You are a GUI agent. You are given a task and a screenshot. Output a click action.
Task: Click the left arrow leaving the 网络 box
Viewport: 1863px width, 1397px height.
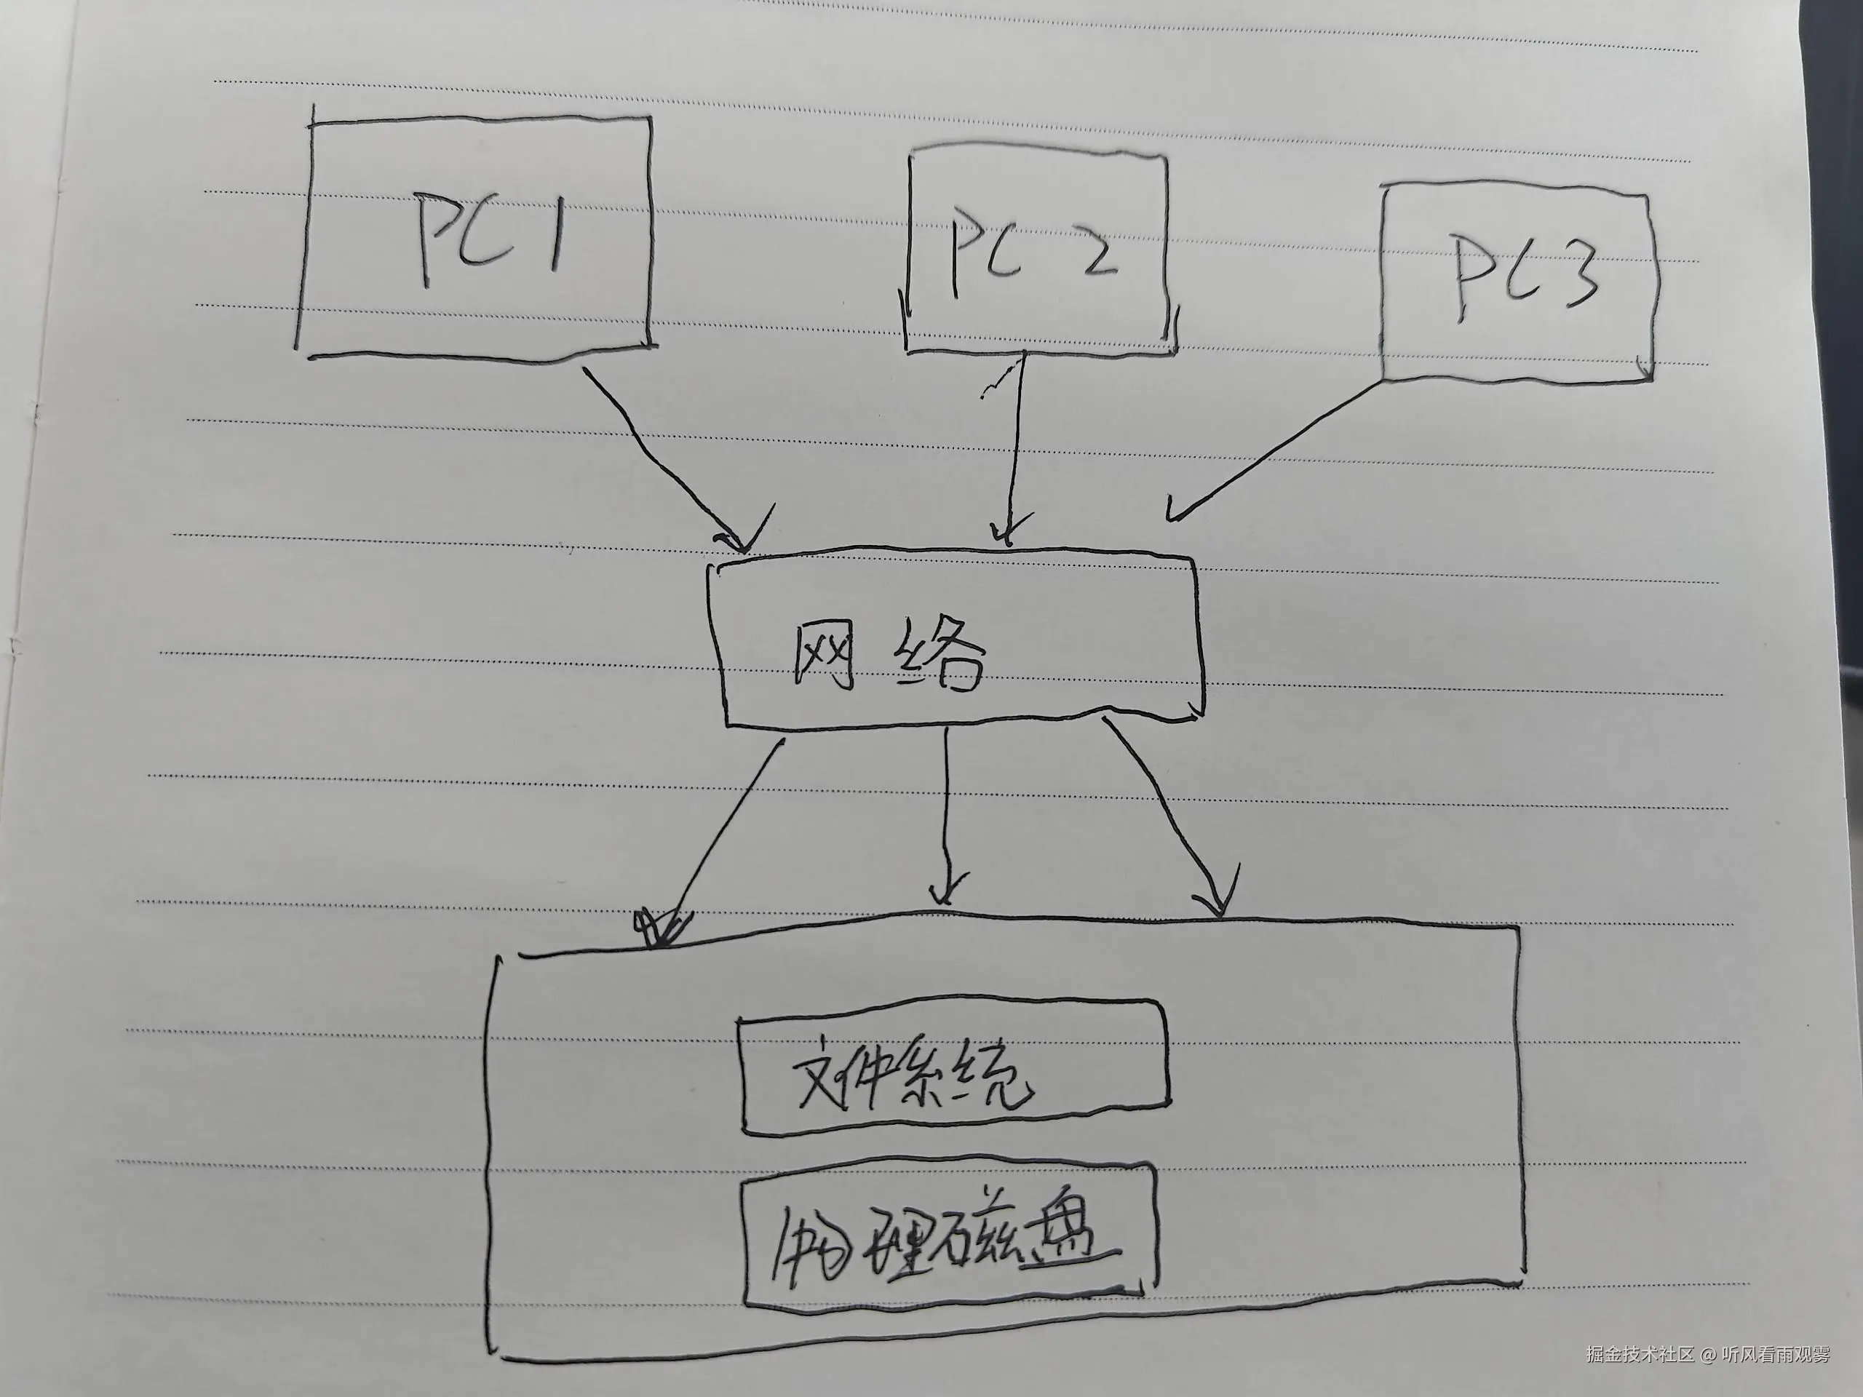tap(720, 842)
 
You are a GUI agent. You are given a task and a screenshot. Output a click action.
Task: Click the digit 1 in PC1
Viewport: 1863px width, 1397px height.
tap(555, 231)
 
